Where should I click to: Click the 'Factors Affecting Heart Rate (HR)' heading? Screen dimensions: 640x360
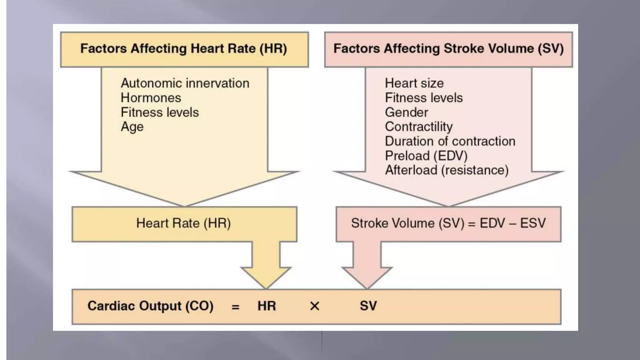[183, 49]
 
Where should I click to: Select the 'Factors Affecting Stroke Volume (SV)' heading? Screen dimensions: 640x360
[448, 49]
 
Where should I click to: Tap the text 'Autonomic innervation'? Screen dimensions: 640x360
[185, 83]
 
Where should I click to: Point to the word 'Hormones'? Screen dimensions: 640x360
[151, 98]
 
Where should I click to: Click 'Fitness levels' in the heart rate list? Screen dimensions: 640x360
[160, 112]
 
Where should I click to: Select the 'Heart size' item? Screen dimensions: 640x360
[414, 83]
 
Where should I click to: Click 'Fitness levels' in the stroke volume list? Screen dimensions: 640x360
[424, 98]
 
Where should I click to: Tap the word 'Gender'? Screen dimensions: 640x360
[407, 112]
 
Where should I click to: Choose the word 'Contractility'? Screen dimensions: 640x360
[419, 127]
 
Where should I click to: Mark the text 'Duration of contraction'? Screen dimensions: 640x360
[450, 141]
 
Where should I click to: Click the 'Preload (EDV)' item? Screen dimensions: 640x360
[426, 156]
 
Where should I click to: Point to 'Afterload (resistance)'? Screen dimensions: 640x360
[447, 170]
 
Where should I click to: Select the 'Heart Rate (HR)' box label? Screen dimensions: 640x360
[183, 223]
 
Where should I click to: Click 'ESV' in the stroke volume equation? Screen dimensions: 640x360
[533, 223]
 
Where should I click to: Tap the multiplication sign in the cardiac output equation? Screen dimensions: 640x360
[315, 306]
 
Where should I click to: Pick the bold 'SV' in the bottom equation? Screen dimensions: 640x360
[368, 306]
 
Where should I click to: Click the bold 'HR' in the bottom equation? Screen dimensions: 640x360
[267, 306]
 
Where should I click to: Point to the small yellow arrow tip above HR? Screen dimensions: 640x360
[266, 288]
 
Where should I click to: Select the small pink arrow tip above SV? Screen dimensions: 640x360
[367, 288]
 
